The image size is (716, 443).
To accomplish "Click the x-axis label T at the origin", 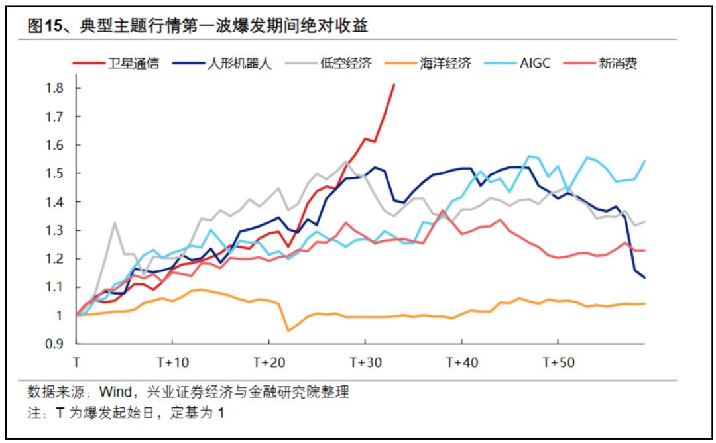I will (x=76, y=362).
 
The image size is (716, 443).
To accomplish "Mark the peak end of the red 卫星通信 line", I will (x=394, y=85).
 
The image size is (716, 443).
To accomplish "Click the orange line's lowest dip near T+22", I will (x=288, y=330).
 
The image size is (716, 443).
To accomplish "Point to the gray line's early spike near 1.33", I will (x=115, y=222).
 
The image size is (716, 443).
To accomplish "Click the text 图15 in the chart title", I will (x=42, y=26).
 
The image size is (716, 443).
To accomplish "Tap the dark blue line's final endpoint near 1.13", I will (x=644, y=277).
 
